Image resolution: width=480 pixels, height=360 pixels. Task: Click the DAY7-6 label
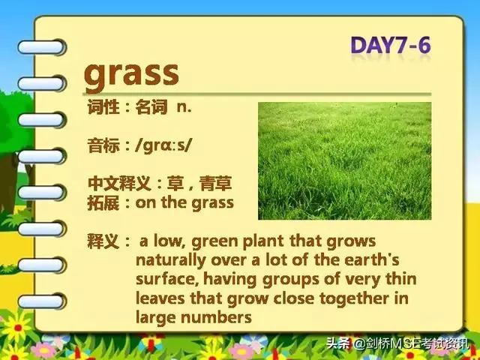coord(391,46)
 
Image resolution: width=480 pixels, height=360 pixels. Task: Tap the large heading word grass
coord(131,75)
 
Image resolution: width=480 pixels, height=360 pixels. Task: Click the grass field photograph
coord(345,161)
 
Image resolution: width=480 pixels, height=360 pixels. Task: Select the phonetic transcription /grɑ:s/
coord(163,145)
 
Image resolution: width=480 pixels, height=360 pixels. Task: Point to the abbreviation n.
coord(184,107)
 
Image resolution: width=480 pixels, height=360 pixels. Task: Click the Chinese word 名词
coord(151,107)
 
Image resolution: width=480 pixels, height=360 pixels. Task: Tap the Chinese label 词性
coord(103,107)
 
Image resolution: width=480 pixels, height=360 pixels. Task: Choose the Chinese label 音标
coord(103,145)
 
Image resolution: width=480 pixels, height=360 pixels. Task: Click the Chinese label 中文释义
coord(119,183)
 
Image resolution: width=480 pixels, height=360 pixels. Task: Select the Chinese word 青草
coord(215,183)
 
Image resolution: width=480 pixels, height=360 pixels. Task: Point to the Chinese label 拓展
coord(103,203)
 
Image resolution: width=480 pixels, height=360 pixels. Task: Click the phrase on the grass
coord(184,202)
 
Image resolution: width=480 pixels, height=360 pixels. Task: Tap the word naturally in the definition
coord(171,261)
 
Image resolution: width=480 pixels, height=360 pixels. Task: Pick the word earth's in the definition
coord(372,259)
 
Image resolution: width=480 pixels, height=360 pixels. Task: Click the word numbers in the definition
coord(216,317)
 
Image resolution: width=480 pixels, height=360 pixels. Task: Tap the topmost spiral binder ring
coord(42,47)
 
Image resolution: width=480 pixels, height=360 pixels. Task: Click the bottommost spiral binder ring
coord(42,301)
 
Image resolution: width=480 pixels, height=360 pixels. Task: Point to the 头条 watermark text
coord(338,343)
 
